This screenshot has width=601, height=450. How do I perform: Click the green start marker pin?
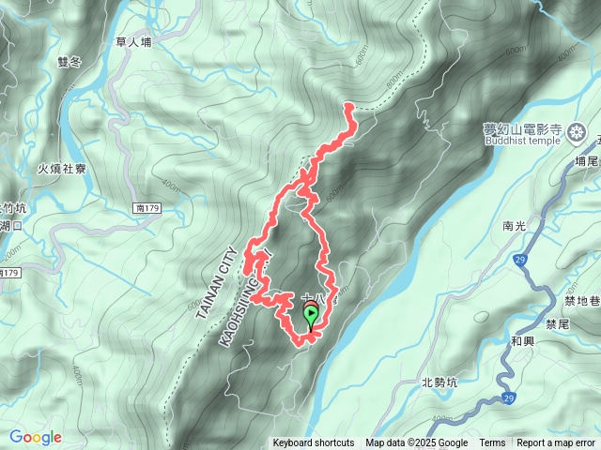click(311, 316)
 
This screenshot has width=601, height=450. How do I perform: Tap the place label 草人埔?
click(134, 42)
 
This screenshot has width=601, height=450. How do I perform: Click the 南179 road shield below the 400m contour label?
click(146, 207)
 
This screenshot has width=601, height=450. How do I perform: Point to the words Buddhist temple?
click(522, 142)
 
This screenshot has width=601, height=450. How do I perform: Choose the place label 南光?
click(515, 226)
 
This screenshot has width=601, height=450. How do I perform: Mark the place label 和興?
click(524, 343)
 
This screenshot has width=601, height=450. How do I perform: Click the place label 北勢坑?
click(439, 382)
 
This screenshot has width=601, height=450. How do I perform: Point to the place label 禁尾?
click(557, 323)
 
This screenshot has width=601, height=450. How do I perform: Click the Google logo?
click(36, 437)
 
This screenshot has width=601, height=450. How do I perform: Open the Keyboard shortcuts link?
click(314, 443)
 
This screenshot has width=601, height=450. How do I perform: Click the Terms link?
click(492, 443)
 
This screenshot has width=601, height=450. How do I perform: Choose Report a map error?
click(556, 443)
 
